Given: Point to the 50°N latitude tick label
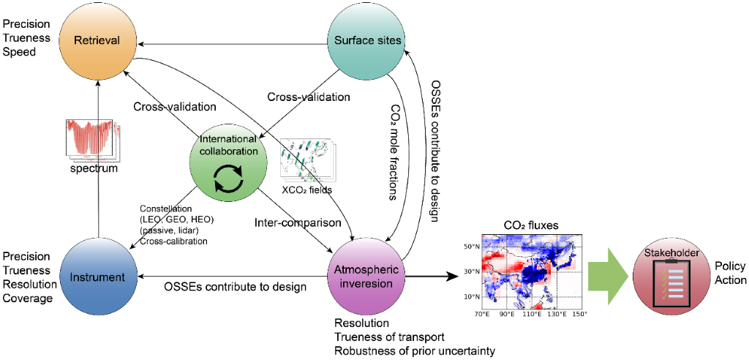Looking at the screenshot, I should (471, 247).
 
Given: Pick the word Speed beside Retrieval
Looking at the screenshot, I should (18, 53).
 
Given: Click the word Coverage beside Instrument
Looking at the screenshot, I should (29, 299).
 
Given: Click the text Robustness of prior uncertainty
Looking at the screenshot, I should (414, 350).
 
